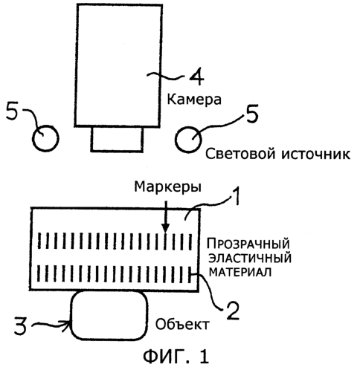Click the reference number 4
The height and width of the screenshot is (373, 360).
196,77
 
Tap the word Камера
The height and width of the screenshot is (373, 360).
194,100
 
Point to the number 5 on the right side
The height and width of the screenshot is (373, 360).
251,113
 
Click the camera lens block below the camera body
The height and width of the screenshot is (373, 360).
117,139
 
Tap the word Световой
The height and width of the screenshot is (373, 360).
240,154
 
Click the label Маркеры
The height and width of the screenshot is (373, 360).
167,187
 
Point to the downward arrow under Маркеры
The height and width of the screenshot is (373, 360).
165,216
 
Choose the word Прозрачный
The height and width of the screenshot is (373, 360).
248,244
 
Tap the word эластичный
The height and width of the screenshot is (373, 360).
250,259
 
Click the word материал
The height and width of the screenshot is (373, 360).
240,272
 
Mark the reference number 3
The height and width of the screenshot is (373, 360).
20,325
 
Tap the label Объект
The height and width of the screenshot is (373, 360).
182,325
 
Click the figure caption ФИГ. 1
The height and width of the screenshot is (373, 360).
176,357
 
